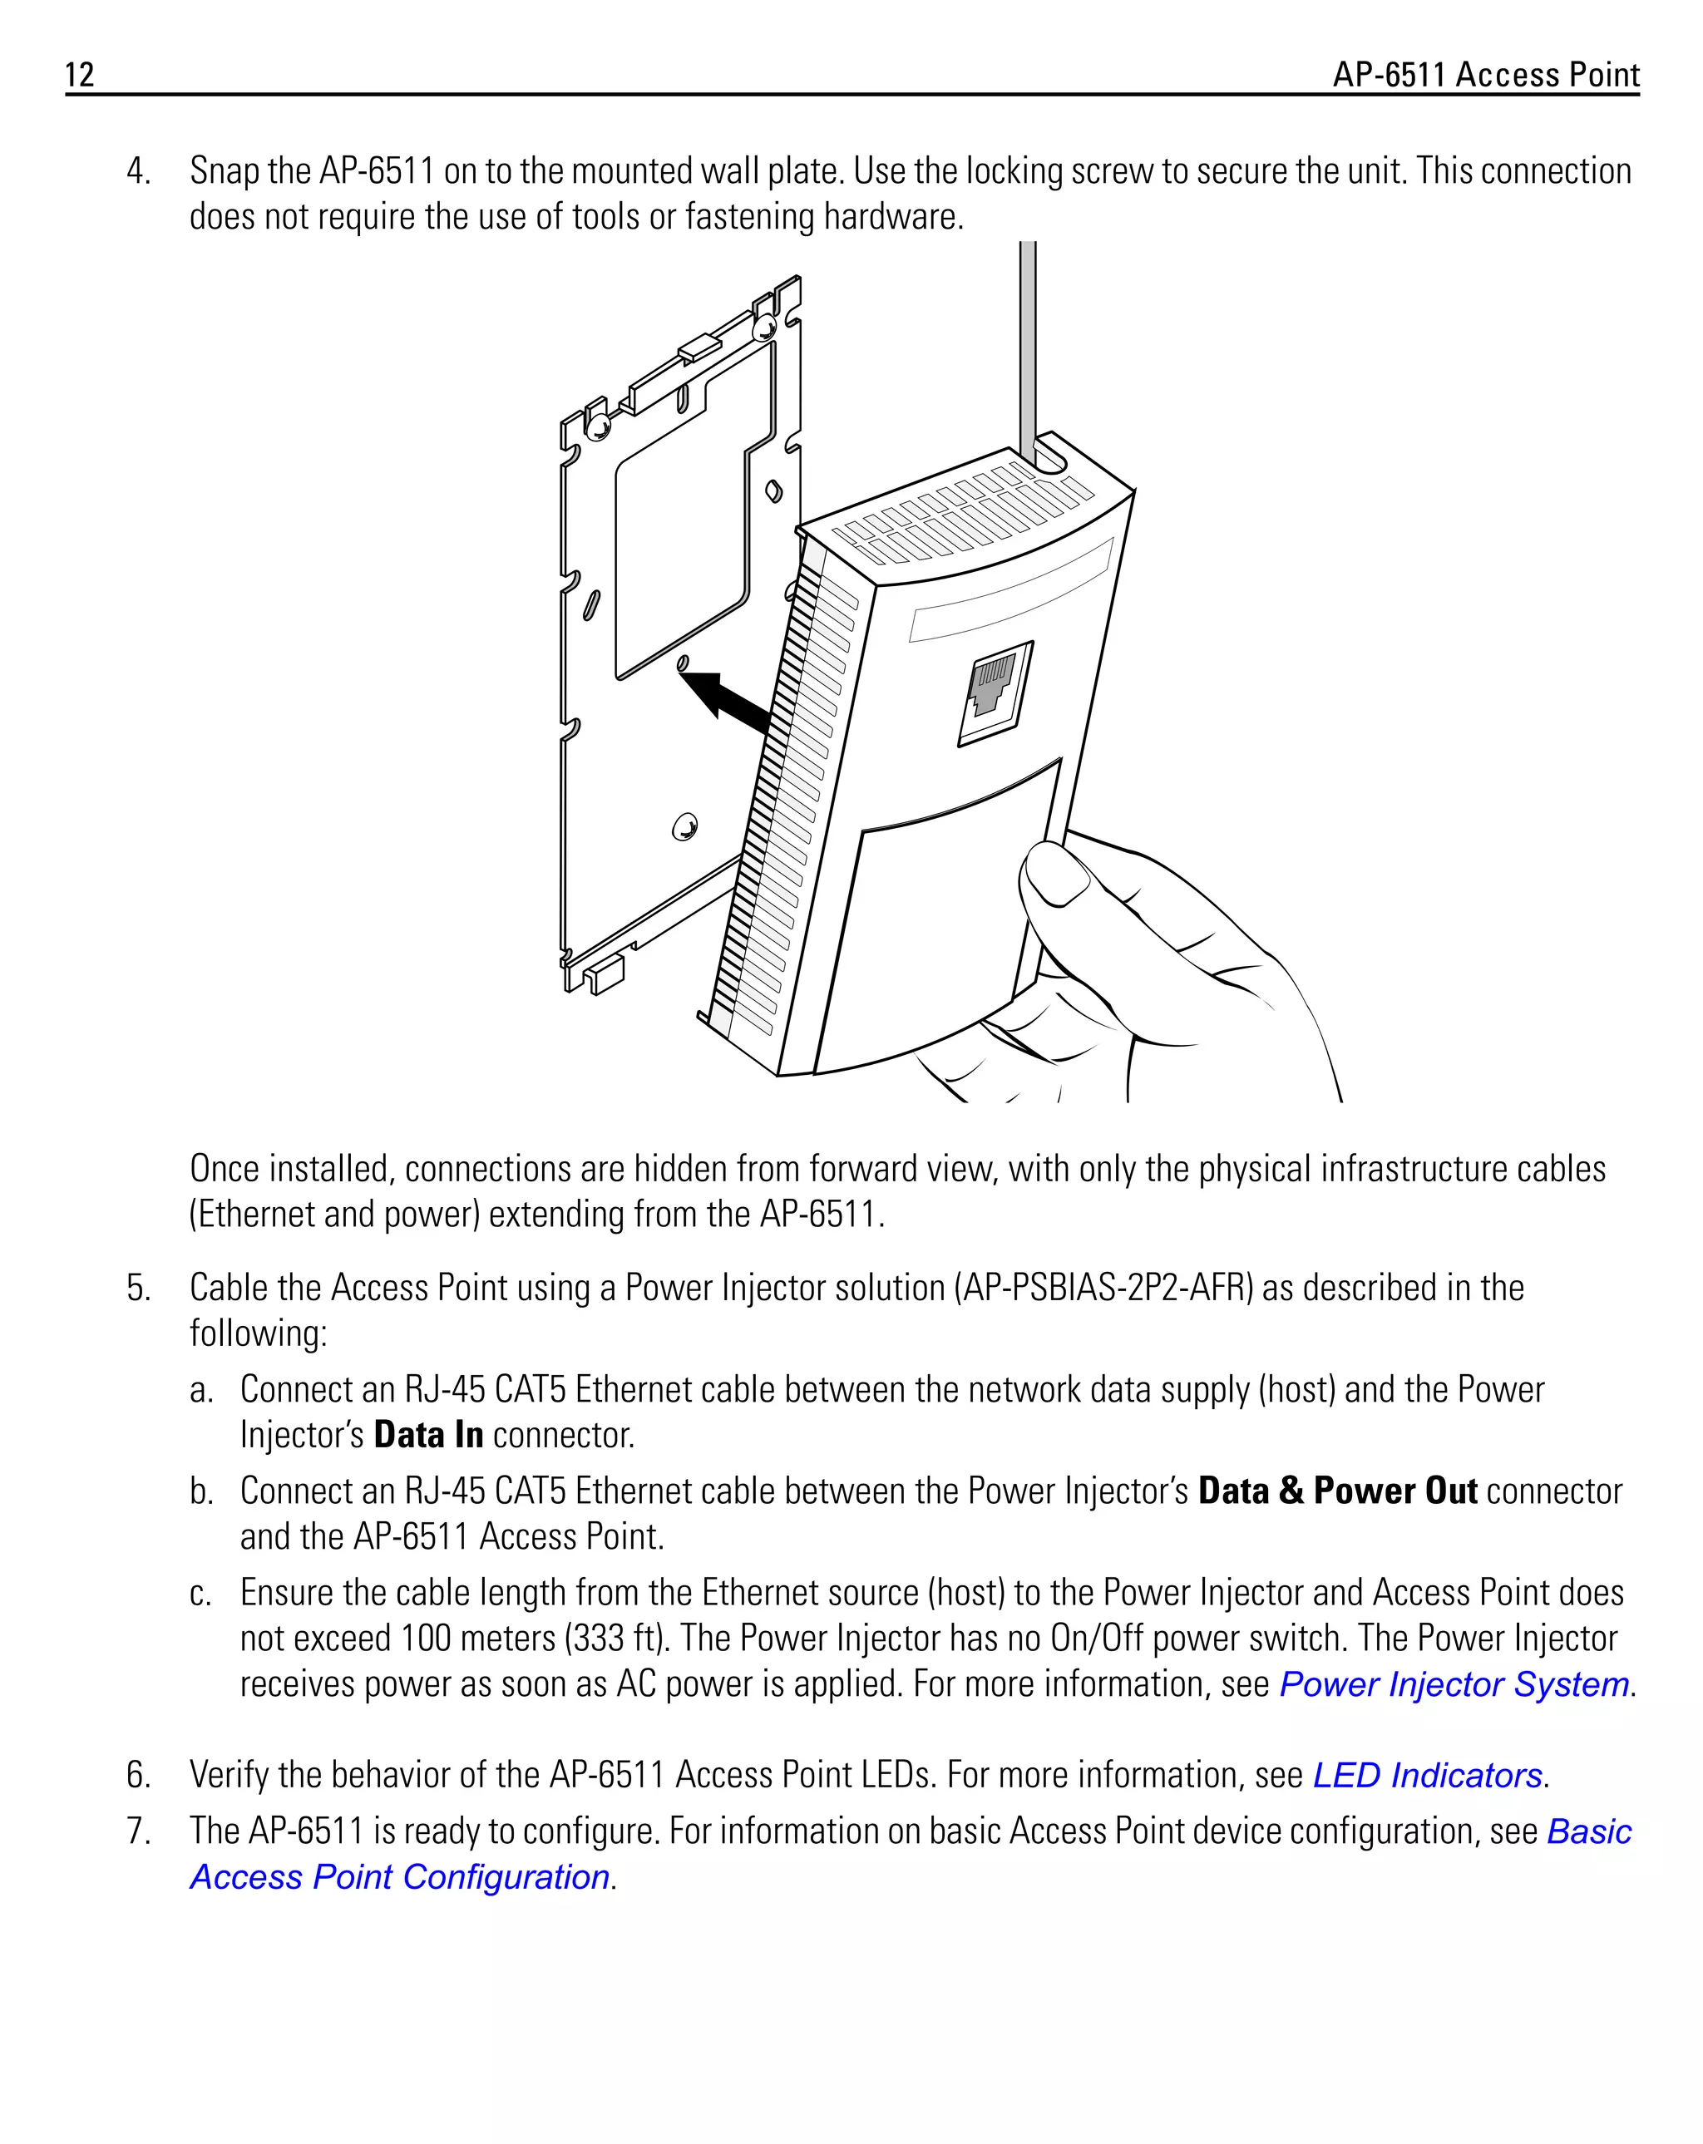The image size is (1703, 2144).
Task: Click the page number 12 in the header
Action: (80, 75)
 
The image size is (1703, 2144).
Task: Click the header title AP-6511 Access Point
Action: (1485, 75)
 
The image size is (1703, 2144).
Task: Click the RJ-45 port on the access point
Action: (995, 690)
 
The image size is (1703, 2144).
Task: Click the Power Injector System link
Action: (1454, 1684)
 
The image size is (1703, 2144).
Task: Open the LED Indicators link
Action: (1426, 1775)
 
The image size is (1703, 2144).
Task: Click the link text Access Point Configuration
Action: (399, 1876)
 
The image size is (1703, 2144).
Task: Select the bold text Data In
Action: (427, 1435)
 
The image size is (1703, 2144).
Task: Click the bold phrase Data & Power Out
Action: (1337, 1491)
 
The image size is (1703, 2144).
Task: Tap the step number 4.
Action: (138, 171)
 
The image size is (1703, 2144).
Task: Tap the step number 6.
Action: (138, 1775)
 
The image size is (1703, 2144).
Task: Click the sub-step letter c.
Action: (200, 1593)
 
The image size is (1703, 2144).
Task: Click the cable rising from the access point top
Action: (1028, 338)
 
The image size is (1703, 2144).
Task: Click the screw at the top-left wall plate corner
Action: (599, 427)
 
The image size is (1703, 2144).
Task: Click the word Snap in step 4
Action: (221, 171)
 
